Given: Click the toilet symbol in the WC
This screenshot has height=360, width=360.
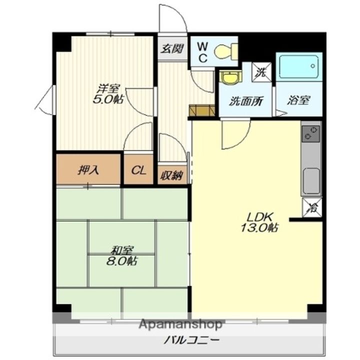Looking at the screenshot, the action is point(226,51).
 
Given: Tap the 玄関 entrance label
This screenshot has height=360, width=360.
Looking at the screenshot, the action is point(172,49).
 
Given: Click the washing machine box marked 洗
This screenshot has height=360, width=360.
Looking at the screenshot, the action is point(261,72).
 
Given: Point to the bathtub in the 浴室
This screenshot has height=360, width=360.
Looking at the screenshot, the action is point(298,66).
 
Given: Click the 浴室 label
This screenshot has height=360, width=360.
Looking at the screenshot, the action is point(298,100).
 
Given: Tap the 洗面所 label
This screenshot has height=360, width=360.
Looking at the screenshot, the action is point(246,101).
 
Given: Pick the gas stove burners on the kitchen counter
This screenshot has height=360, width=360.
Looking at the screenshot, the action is point(310,134).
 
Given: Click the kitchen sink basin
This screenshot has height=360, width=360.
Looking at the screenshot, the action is point(311,181).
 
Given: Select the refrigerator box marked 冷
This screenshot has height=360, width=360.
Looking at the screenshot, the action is point(312,207).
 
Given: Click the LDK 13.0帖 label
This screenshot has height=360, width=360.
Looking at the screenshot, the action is point(259,222).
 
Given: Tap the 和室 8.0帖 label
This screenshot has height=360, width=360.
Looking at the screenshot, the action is point(122,255).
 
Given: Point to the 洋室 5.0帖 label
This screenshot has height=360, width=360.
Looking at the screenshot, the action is point(108,94).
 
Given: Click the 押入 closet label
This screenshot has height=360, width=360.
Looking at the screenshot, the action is point(88,170).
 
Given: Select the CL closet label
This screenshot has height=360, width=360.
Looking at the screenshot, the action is point(138,170).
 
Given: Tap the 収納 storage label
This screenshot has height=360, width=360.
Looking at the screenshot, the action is point(171,176).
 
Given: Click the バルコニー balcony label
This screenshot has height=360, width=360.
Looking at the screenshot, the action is point(191,340).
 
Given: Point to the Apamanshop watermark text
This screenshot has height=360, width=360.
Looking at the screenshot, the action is point(180,324).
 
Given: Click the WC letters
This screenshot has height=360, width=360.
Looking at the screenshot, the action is point(202,53).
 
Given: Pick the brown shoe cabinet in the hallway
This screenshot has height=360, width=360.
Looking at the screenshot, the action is point(202,110).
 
